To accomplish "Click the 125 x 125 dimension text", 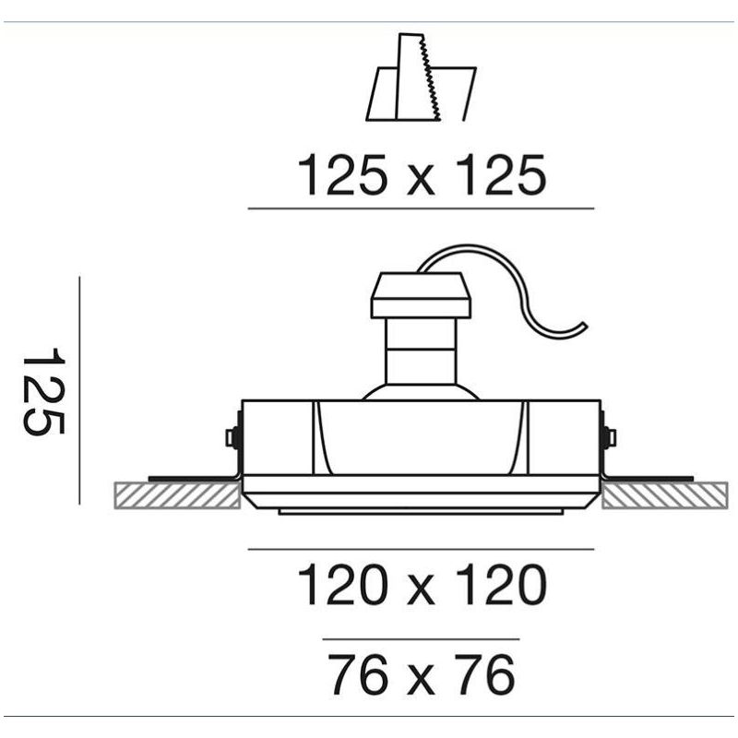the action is [422, 174].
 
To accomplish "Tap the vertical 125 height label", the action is [43, 391].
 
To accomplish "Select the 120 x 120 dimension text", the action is [422, 584].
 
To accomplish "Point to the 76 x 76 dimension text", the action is [422, 674].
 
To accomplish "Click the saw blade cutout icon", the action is [422, 77].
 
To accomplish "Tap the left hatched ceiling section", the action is [177, 495].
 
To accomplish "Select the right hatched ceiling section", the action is [665, 495].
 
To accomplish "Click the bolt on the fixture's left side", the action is [232, 437].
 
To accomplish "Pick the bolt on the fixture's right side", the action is [611, 437].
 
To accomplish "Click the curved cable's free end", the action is [585, 325].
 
